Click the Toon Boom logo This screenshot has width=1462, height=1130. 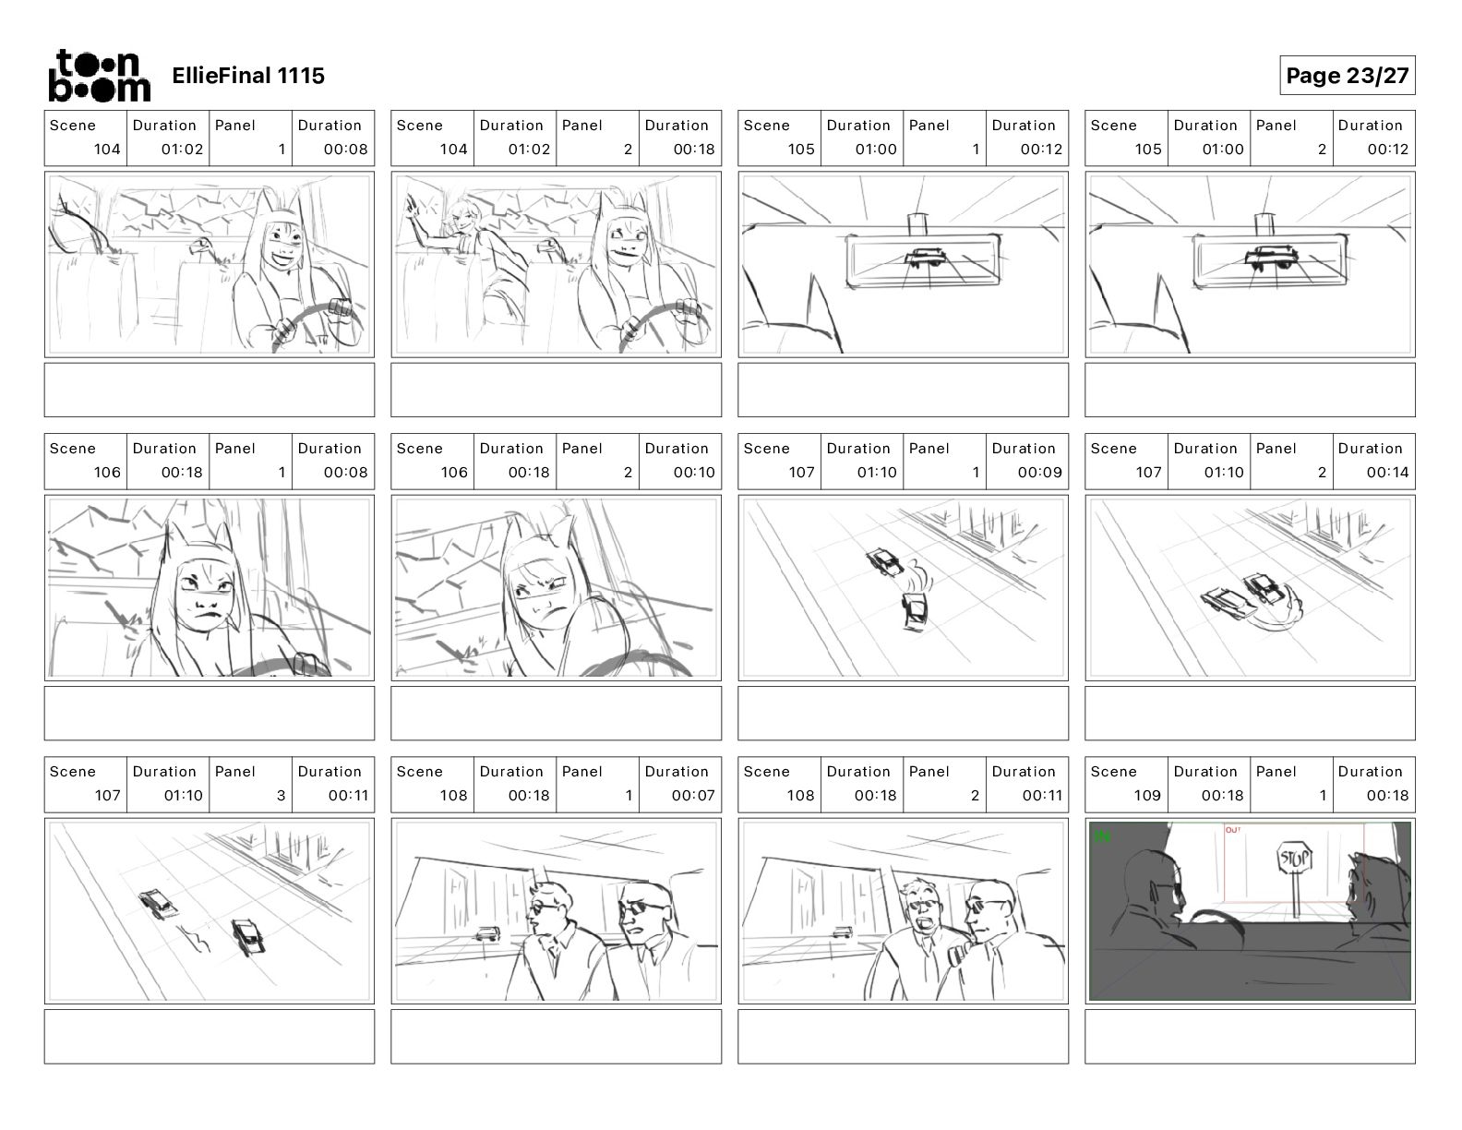click(99, 75)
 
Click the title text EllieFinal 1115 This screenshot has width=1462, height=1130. click(248, 76)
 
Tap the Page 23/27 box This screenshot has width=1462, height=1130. click(1347, 75)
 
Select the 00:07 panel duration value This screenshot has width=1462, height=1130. click(692, 795)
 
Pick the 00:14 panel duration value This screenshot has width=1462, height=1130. click(1387, 472)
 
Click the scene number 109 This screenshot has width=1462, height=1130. click(1146, 795)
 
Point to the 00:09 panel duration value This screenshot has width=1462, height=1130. click(1040, 472)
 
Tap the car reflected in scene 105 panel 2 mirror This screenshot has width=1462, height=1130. click(1269, 258)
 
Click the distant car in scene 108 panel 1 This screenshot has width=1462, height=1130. click(486, 934)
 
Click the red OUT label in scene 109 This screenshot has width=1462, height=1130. click(1232, 830)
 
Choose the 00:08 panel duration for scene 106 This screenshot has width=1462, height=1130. click(345, 472)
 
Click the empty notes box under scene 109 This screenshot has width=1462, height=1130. click(1249, 1036)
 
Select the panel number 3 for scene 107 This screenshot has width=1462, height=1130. click(281, 795)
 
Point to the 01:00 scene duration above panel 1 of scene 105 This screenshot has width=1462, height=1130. click(875, 149)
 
